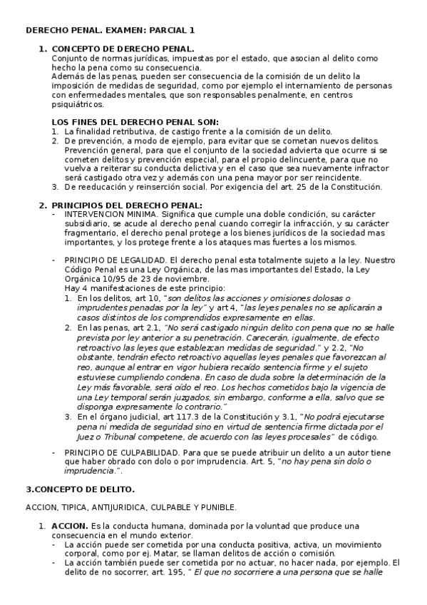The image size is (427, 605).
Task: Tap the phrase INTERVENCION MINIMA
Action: [110, 213]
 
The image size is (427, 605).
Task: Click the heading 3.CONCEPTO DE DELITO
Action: [80, 489]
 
